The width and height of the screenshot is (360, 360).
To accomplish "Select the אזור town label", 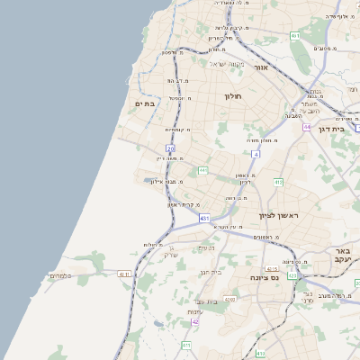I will click(x=260, y=67).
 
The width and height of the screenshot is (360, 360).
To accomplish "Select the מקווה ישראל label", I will click(x=227, y=63).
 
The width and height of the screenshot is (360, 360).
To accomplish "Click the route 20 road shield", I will click(x=170, y=148).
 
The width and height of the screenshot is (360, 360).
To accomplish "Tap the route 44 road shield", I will click(x=306, y=127).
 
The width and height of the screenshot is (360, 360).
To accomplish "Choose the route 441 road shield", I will click(x=204, y=169).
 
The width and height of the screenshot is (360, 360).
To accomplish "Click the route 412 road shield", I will click(x=278, y=182).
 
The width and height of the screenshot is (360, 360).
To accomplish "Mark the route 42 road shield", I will click(x=195, y=321).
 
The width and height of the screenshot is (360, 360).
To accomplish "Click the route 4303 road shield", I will click(x=229, y=298).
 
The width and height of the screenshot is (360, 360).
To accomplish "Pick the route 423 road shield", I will click(x=292, y=277).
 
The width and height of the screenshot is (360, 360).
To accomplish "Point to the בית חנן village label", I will click(x=208, y=271).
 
